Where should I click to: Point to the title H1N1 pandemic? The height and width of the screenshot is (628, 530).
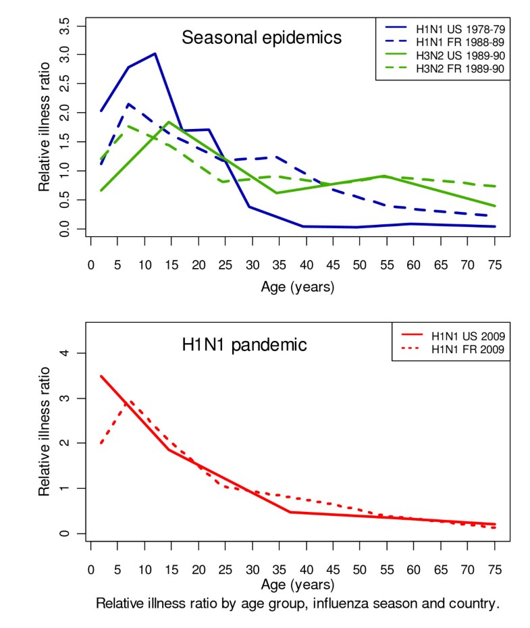tap(244, 345)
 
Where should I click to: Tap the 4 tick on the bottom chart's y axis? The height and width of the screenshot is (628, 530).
tap(78, 353)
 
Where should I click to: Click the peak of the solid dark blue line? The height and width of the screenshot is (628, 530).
tap(155, 53)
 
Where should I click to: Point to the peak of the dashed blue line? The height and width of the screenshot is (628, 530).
tap(128, 104)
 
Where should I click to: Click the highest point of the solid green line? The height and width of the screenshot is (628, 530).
tap(170, 122)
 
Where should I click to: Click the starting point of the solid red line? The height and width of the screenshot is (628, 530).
tap(101, 376)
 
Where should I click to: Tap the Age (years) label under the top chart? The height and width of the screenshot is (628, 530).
tap(298, 286)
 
